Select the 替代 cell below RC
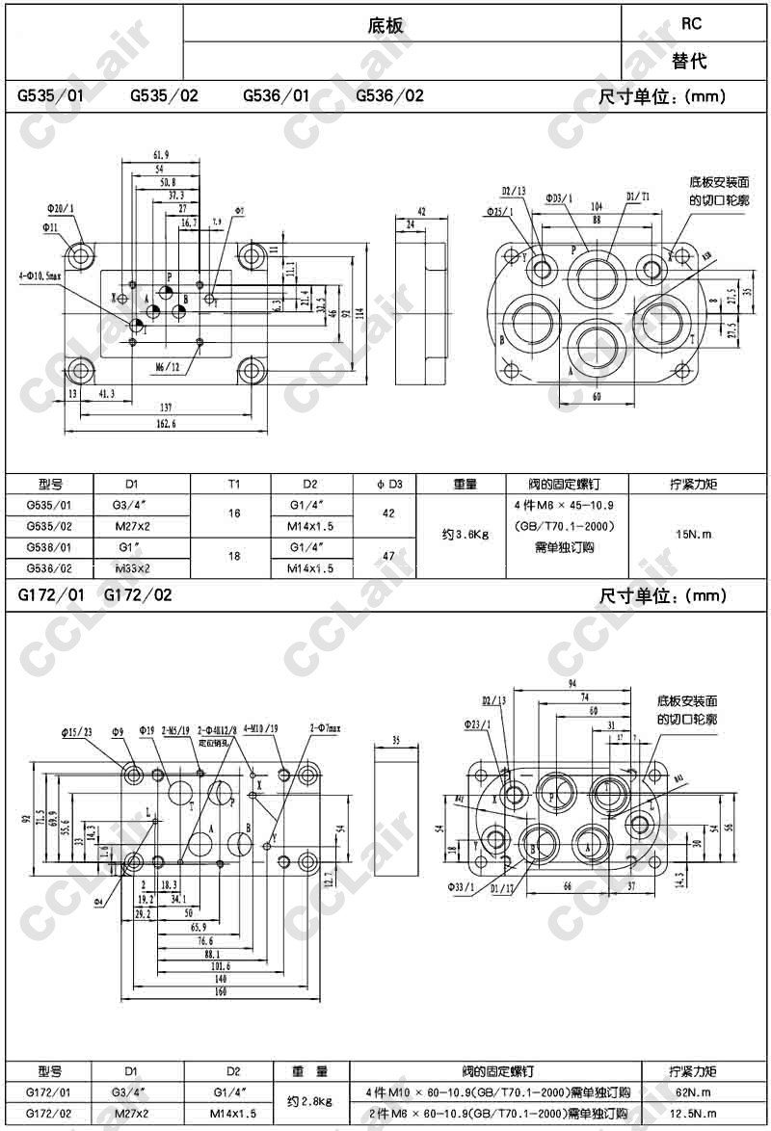[x=690, y=61]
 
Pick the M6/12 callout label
[x=168, y=366]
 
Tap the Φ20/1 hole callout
[x=59, y=208]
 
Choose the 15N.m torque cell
[x=692, y=535]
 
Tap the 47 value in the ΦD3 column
[x=388, y=557]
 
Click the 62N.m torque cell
[x=692, y=1092]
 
